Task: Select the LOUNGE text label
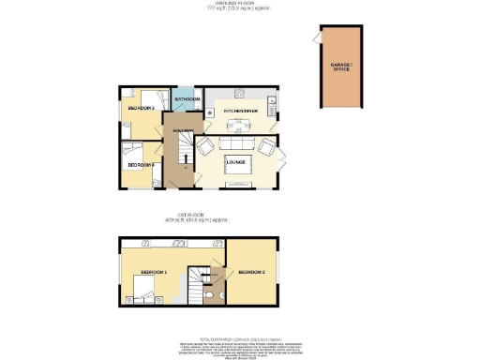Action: click(236, 163)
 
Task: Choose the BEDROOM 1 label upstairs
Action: click(154, 272)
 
